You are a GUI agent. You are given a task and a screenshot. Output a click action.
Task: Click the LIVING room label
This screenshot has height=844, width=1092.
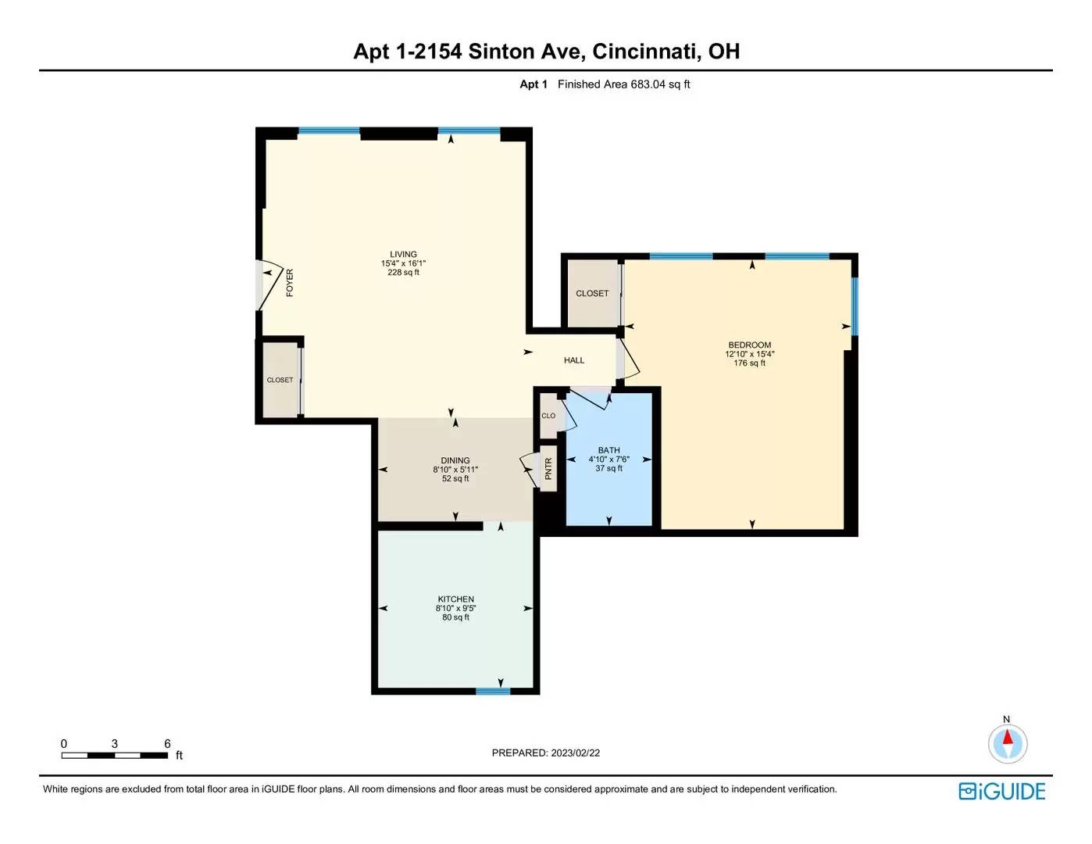pos(403,254)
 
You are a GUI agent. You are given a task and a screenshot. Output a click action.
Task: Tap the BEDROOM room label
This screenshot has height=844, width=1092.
pos(749,345)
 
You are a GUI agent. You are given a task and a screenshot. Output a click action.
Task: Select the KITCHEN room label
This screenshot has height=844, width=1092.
pos(456,599)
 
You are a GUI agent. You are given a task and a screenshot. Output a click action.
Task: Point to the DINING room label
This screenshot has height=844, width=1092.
pos(455,460)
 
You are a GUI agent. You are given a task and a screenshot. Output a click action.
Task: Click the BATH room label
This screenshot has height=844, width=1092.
pos(608,450)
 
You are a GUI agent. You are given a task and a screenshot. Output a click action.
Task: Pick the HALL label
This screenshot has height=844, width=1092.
pos(574,360)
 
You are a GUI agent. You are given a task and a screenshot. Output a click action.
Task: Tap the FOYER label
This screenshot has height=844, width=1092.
pos(290,283)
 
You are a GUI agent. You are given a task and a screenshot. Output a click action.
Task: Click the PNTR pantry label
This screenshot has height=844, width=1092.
pos(548,468)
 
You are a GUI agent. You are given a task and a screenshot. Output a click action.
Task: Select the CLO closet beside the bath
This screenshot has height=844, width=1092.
pos(548,416)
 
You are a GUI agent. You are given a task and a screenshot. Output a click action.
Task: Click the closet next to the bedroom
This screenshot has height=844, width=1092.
pos(592,294)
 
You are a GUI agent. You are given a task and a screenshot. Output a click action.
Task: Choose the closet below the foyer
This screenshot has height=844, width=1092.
pos(280,380)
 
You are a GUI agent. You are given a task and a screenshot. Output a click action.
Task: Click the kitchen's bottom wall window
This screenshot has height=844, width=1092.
pos(493,691)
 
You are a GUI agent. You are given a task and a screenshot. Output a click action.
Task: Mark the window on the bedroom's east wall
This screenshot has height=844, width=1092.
pos(855,306)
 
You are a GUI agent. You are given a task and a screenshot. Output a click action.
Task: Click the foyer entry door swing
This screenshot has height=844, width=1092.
pos(269,285)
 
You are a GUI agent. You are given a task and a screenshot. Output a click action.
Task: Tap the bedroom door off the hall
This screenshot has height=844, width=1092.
pos(628,359)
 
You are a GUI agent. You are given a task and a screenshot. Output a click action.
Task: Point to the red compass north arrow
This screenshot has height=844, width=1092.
pos(1008,738)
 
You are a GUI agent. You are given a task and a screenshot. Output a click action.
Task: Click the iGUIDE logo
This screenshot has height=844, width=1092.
pos(1002,791)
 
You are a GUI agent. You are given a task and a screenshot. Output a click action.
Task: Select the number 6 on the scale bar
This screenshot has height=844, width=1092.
pos(167,743)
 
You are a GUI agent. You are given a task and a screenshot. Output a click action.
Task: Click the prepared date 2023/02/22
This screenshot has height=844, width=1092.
pos(576,753)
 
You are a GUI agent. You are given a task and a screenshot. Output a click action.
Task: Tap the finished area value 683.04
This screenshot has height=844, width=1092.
pos(648,84)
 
